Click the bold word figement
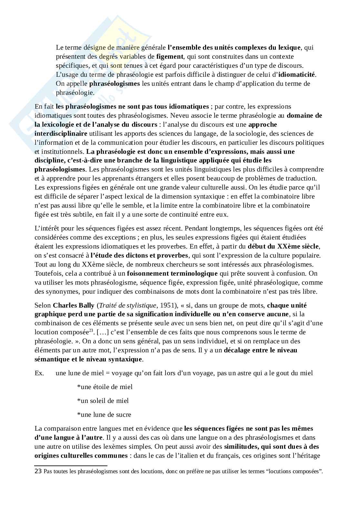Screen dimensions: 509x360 (x=170, y=57)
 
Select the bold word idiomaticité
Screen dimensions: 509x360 (x=297, y=75)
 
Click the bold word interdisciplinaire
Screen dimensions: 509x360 (x=61, y=133)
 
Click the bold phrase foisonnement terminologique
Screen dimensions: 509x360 (x=172, y=274)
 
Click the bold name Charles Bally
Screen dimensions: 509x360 (x=74, y=305)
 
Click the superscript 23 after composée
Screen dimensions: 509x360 (x=92, y=330)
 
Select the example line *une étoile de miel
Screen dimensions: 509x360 (x=105, y=387)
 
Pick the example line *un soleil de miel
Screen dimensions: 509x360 (x=103, y=401)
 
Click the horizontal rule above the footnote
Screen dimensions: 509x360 (x=71, y=466)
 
